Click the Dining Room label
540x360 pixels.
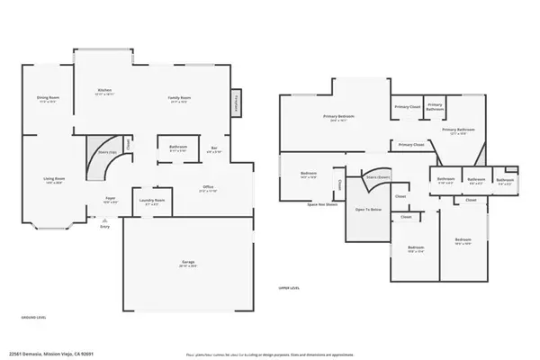point(48,99)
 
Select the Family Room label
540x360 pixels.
point(179,98)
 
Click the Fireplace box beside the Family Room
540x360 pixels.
point(238,103)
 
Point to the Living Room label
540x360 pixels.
point(53,179)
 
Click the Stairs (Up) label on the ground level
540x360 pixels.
point(105,154)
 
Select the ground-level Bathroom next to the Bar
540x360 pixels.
point(177,148)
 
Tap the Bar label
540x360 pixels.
point(213,149)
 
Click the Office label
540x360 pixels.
point(208,188)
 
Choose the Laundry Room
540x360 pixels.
point(152,202)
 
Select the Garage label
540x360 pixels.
point(186,263)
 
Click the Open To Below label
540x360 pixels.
point(367,210)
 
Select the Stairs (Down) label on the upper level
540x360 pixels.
point(376,178)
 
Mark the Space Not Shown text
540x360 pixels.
point(322,204)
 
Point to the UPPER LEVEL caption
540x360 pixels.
point(289,287)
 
